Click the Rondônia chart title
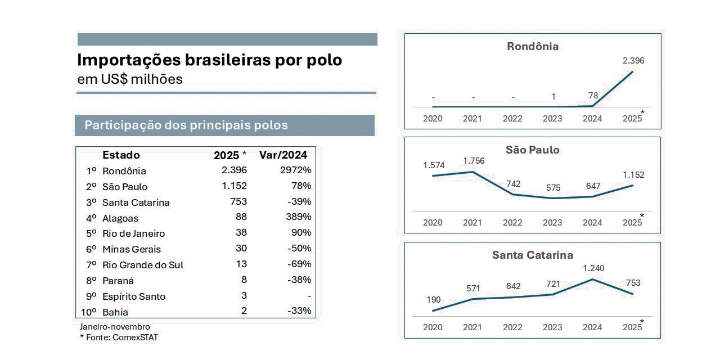tap(533, 47)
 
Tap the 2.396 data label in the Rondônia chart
tap(633, 61)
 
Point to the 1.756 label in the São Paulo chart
tap(474, 161)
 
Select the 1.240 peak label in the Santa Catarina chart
tap(593, 268)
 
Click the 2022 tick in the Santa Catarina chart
tap(512, 327)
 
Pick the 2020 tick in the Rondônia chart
tap(433, 118)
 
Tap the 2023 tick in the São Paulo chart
tap(552, 222)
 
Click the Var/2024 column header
tap(283, 155)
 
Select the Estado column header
tap(121, 155)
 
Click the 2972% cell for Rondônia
tap(295, 170)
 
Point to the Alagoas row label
tap(120, 218)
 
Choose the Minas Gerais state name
tap(131, 249)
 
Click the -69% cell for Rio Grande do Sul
tap(299, 264)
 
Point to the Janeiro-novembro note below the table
tap(115, 326)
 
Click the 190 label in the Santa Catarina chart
tap(434, 300)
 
